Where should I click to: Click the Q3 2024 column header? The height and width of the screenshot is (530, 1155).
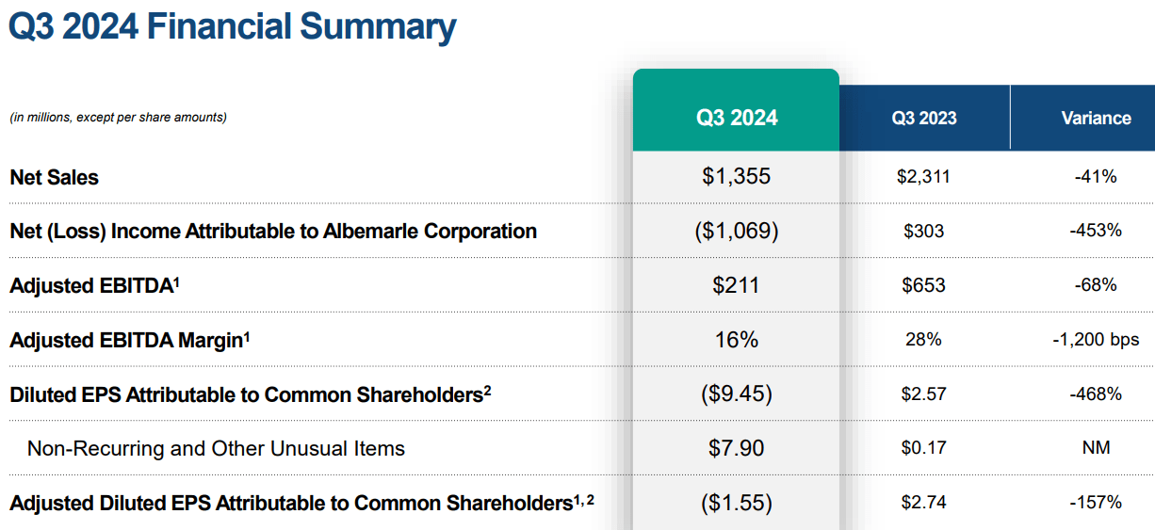737,118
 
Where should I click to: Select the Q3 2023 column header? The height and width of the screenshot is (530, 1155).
924,119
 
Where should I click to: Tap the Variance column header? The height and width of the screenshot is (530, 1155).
1096,119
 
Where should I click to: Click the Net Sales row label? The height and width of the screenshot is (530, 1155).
54,177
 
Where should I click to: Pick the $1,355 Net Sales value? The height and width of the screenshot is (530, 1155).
737,176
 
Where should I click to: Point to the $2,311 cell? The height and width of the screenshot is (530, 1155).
923,176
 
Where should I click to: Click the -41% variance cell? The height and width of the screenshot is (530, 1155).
1096,176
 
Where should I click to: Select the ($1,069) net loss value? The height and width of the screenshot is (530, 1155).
737,231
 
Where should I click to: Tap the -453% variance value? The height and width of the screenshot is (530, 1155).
1096,231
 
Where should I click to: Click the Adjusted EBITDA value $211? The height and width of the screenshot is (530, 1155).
737,285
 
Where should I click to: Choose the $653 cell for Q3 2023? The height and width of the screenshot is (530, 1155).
923,285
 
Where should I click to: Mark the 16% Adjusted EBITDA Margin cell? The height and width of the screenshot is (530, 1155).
737,340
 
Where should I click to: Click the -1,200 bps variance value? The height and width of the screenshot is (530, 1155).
1096,340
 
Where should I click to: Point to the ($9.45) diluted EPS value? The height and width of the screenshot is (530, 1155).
737,393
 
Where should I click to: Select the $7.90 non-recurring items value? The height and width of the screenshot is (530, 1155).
737,448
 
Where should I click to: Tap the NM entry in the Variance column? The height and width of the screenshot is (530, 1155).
1096,448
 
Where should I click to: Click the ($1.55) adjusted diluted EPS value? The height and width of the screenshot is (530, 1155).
737,503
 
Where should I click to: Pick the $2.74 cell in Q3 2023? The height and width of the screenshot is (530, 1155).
923,503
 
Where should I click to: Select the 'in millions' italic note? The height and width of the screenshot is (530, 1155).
118,118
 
